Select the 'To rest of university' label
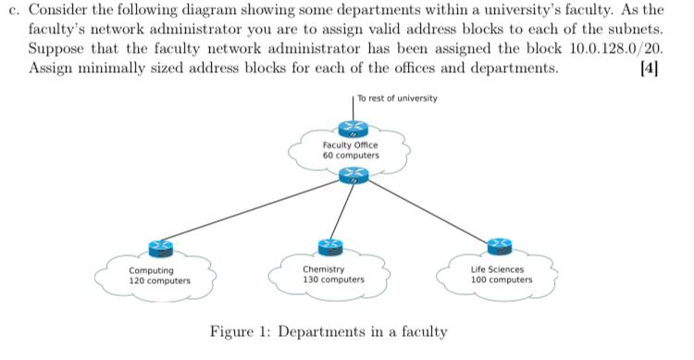coord(397,98)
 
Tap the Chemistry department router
coord(329,245)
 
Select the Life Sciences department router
coord(501,245)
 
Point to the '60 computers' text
coord(350,156)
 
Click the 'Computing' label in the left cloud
coord(150,270)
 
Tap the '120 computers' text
coord(159,279)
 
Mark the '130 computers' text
coord(333,279)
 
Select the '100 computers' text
coord(502,279)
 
